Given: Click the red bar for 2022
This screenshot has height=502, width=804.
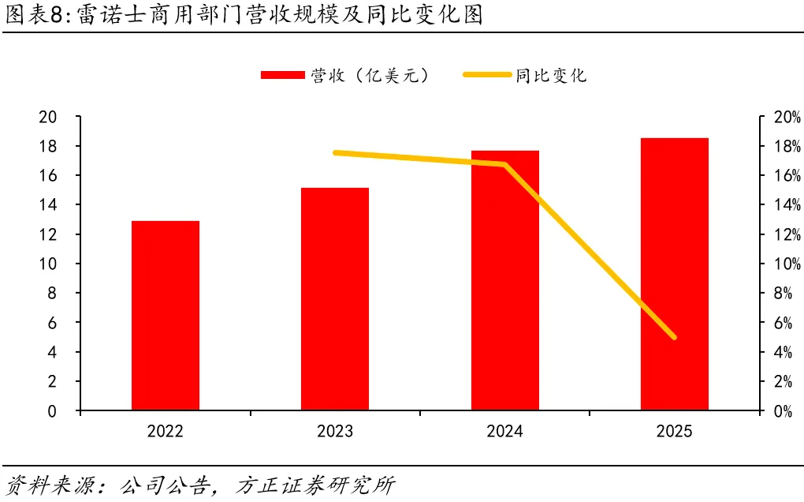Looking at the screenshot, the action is (165, 315).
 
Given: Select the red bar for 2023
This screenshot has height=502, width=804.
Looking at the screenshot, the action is (335, 298).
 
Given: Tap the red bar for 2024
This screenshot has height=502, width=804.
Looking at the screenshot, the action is (505, 280).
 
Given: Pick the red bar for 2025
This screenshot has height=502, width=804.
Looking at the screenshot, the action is (674, 274).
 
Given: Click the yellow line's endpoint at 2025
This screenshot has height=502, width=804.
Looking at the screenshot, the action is (674, 337).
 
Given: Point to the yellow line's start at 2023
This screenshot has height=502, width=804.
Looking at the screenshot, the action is (335, 152).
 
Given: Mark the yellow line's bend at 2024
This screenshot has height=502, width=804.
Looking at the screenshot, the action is (505, 164).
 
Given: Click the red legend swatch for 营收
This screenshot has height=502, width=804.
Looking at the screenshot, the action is (283, 75).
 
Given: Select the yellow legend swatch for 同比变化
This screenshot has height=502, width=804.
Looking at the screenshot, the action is (487, 75).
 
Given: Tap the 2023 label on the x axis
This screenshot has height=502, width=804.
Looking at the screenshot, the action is (335, 431).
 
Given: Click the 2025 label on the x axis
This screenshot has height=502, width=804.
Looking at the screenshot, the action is (674, 431).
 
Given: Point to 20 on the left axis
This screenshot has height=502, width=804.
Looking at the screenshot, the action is (47, 117).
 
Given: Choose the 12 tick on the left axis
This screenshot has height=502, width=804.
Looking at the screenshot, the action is (47, 234).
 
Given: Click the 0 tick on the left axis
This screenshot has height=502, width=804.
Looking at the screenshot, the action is (52, 411).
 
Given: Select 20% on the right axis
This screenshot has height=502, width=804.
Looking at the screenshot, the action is (787, 117).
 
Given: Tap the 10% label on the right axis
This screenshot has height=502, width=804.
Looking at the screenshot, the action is (787, 264).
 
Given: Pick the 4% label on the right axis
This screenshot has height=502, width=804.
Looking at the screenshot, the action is (783, 352).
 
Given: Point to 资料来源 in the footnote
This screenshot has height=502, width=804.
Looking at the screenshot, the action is (50, 485).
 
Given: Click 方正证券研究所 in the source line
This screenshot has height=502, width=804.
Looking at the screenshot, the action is (315, 485).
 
